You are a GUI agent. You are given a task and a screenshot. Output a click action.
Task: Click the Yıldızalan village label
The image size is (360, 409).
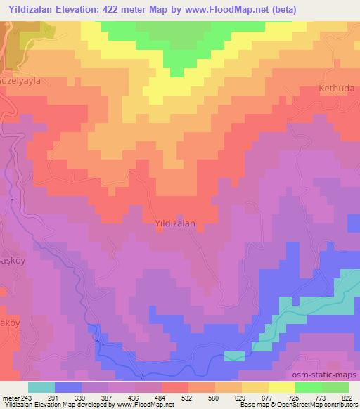click(174, 222)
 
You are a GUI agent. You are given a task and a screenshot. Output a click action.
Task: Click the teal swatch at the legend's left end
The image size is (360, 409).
click(41, 387)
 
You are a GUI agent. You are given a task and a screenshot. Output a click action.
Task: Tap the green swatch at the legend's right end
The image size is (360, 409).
click(335, 387)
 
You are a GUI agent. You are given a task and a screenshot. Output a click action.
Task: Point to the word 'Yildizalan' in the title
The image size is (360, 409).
click(30, 9)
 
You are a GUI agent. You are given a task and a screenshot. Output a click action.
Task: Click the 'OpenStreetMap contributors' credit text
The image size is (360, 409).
click(319, 405)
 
